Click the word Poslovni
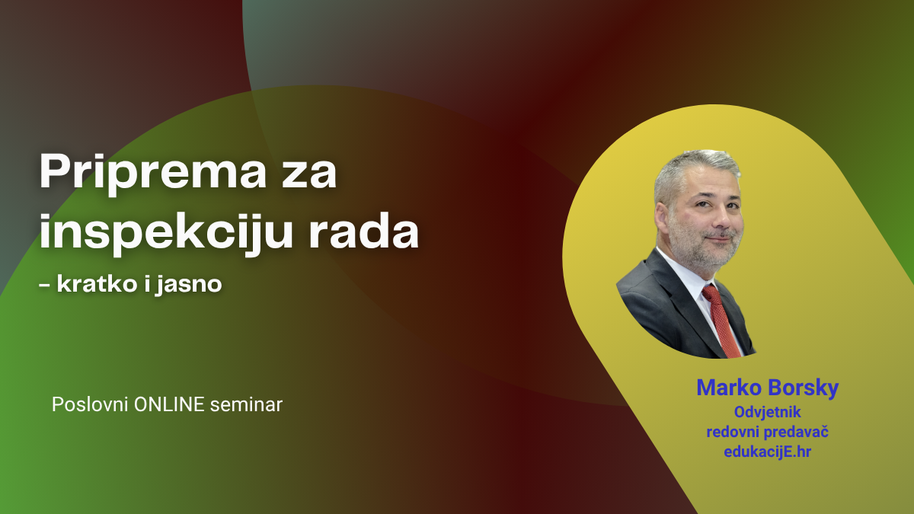[90, 404]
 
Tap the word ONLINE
[169, 404]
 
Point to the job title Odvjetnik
[767, 412]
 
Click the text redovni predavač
[767, 432]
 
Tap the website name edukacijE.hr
[767, 452]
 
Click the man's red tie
[720, 316]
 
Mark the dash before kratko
[45, 285]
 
